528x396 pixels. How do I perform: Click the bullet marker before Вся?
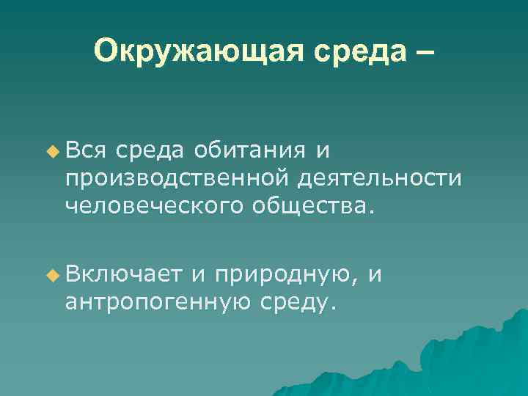coord(51,151)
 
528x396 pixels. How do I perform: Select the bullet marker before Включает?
coord(51,276)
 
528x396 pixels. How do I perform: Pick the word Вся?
coord(87,151)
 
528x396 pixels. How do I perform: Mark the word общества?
coord(323,206)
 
